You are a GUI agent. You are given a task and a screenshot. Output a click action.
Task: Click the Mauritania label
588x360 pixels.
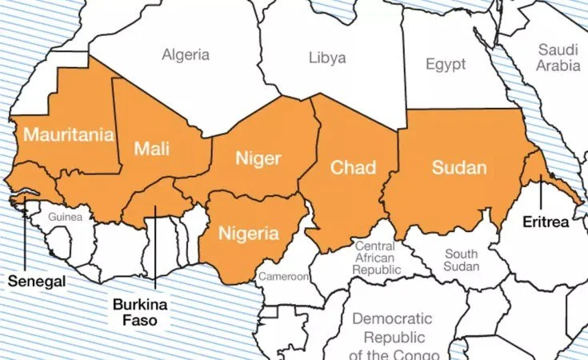tap(68, 134)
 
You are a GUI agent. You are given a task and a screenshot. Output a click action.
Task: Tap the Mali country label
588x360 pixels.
tap(151, 148)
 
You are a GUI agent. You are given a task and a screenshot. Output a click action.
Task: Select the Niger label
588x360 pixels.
tap(258, 158)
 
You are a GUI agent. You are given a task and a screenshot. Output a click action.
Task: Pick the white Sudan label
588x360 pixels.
tap(458, 167)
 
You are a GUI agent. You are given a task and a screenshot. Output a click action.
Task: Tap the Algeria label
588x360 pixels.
tap(186, 55)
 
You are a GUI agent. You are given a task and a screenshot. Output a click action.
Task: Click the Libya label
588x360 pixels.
tap(327, 58)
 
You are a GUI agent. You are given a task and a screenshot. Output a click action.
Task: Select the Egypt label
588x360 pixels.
tap(445, 64)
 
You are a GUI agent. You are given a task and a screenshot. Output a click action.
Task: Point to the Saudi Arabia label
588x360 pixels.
tap(558, 57)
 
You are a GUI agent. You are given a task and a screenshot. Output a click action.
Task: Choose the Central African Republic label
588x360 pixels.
tap(374, 258)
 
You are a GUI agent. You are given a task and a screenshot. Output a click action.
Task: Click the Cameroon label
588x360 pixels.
tap(282, 277)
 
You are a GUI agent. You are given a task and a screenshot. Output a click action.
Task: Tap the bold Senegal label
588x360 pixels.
tap(37, 282)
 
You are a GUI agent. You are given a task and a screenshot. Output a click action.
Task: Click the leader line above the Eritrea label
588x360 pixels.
tap(541, 196)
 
